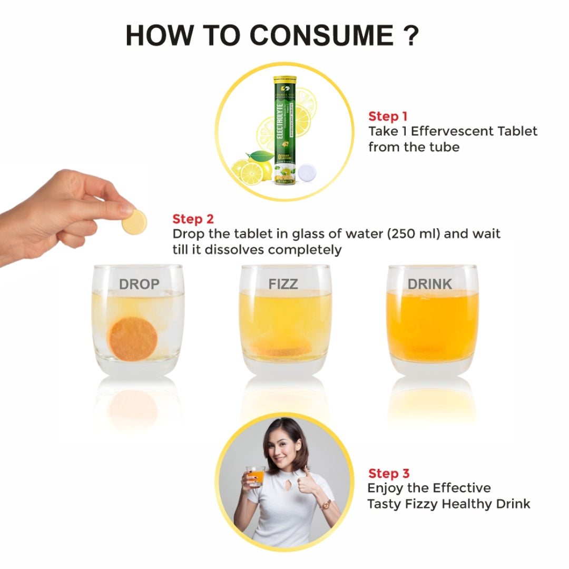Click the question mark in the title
pyautogui.click(x=410, y=35)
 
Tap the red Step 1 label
pyautogui.click(x=387, y=116)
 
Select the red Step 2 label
pyautogui.click(x=193, y=219)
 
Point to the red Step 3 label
pyautogui.click(x=389, y=474)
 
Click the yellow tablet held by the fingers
pyautogui.click(x=134, y=222)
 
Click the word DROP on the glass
pyautogui.click(x=139, y=284)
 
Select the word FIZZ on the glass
pyautogui.click(x=283, y=284)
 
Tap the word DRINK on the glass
pyautogui.click(x=430, y=284)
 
